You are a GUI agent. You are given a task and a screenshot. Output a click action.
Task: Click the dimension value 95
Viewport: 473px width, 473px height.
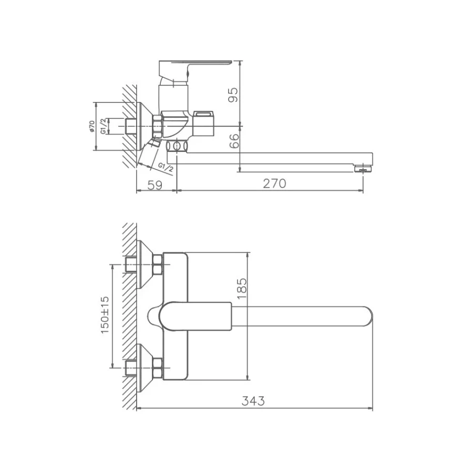[234, 94]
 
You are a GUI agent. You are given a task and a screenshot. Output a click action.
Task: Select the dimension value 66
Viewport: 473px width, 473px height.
[234, 140]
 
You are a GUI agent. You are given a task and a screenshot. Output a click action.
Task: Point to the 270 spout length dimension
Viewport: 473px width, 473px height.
[274, 183]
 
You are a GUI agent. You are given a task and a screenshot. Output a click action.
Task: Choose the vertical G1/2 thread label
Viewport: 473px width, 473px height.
[104, 126]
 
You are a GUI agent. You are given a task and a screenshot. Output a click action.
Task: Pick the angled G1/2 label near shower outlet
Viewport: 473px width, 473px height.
[165, 167]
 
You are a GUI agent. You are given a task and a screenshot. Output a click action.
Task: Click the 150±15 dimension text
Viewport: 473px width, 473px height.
[105, 314]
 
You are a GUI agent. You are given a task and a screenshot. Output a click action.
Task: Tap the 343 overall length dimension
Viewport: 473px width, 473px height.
[253, 401]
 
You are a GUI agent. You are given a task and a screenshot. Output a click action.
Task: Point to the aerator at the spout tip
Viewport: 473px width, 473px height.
[362, 169]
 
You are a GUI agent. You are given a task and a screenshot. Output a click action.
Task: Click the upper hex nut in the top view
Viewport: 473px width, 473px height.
[157, 265]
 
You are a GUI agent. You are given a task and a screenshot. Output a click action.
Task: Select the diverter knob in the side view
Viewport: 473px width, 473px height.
[205, 115]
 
